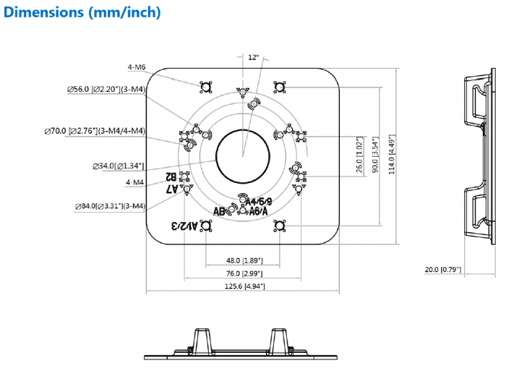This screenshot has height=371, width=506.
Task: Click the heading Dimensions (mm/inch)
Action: pyautogui.click(x=82, y=12)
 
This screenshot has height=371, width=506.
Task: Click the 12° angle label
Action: pyautogui.click(x=253, y=56)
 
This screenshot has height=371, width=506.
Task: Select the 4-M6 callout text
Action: pyautogui.click(x=137, y=67)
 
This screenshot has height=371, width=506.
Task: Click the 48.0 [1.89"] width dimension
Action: pyautogui.click(x=244, y=260)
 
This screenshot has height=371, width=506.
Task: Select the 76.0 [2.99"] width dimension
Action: pyautogui.click(x=244, y=274)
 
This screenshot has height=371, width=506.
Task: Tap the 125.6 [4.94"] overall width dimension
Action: pyautogui.click(x=244, y=287)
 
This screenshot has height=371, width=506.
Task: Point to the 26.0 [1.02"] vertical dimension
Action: pyautogui.click(x=360, y=154)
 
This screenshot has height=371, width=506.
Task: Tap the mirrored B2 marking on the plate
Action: pyautogui.click(x=172, y=176)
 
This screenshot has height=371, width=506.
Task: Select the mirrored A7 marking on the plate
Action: pyautogui.click(x=172, y=189)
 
